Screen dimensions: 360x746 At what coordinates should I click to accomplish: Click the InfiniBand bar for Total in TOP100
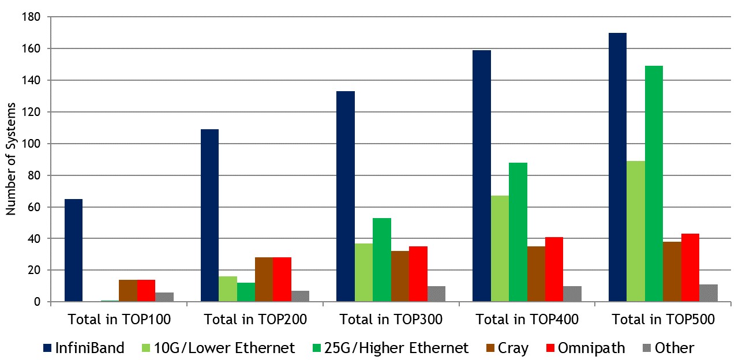[73, 250]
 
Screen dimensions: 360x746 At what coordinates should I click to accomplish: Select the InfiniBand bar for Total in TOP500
[617, 167]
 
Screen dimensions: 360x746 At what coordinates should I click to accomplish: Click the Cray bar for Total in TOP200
[264, 279]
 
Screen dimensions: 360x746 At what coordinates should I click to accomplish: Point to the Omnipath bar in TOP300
[418, 274]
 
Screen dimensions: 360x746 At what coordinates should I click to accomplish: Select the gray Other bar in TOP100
[164, 297]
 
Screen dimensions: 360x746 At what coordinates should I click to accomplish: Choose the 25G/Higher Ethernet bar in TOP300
[382, 260]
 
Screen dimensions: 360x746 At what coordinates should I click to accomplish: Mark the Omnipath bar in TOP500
[690, 268]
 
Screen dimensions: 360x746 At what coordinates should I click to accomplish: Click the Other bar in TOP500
[708, 293]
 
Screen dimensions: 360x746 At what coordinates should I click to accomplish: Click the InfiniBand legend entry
[84, 348]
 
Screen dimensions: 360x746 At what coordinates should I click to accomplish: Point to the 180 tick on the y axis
[32, 17]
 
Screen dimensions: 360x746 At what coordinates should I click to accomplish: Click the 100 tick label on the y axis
[32, 144]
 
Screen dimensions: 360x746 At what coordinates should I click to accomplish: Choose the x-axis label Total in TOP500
[663, 319]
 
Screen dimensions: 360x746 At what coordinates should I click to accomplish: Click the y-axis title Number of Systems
[11, 160]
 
